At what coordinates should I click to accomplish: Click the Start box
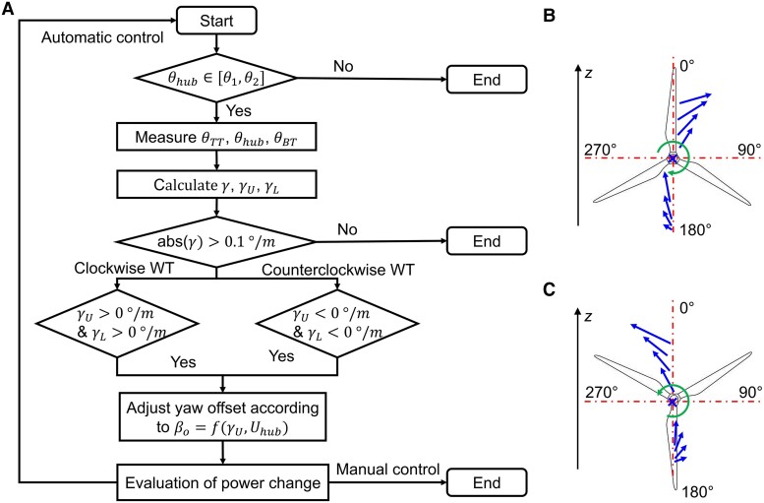click(x=216, y=21)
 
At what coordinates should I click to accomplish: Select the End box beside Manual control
click(x=487, y=482)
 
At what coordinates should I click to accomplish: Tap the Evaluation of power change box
click(x=222, y=482)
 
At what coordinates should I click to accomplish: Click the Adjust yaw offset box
click(x=222, y=416)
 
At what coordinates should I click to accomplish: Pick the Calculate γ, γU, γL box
click(x=217, y=185)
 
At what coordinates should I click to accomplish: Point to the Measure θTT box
click(x=217, y=137)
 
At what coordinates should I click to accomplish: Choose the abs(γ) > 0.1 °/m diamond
click(x=217, y=242)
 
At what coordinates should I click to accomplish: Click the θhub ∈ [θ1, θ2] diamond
click(x=217, y=78)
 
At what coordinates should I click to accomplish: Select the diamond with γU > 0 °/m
click(x=117, y=324)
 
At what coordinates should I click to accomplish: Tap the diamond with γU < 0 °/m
click(x=337, y=324)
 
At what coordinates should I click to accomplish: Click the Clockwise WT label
click(x=124, y=268)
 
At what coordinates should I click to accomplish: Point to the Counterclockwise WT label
click(x=338, y=270)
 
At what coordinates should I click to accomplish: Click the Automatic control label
click(x=102, y=37)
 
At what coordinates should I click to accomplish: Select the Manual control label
click(x=388, y=470)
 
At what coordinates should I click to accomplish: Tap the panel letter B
click(x=549, y=16)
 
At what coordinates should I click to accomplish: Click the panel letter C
click(x=549, y=288)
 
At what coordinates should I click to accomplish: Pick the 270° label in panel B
click(x=601, y=150)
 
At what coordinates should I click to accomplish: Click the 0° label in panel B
click(x=687, y=65)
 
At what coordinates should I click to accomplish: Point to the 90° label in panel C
click(x=749, y=392)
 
